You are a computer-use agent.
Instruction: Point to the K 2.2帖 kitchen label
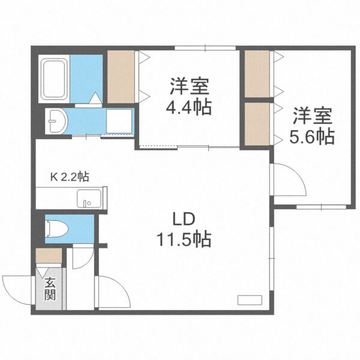(x=69, y=176)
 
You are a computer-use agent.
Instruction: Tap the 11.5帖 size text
(x=185, y=240)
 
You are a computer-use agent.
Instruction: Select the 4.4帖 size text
(x=188, y=109)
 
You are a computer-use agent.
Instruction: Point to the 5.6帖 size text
(x=312, y=136)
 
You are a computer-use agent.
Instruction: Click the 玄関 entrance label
(x=50, y=289)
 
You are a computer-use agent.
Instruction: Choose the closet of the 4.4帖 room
(x=122, y=77)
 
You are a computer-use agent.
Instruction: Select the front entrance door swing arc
(x=18, y=289)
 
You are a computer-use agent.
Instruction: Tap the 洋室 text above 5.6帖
(x=312, y=114)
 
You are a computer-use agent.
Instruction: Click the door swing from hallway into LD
(x=113, y=291)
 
